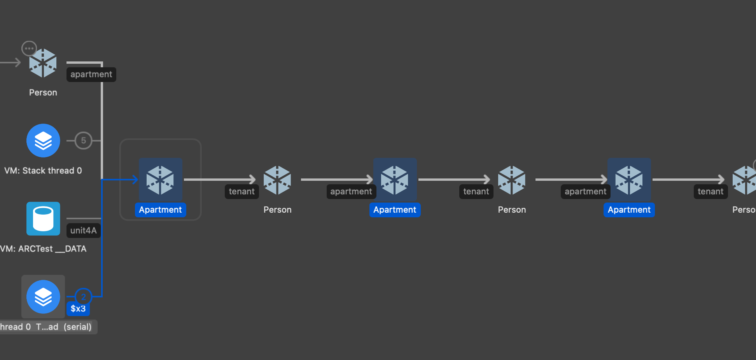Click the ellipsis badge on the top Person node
click(29, 49)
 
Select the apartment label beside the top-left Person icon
click(91, 74)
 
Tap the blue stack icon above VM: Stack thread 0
click(43, 140)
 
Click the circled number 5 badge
click(83, 140)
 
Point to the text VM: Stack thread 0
click(43, 171)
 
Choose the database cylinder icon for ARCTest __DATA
click(43, 218)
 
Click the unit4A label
click(83, 231)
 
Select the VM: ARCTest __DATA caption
click(43, 249)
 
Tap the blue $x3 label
click(78, 309)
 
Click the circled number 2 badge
click(83, 297)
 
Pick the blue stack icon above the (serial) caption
click(43, 297)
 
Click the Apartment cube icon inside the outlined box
click(160, 180)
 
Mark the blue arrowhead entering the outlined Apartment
click(135, 179)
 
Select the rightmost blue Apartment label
click(629, 210)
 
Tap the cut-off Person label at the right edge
click(744, 210)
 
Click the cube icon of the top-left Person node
click(43, 63)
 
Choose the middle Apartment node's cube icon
click(395, 180)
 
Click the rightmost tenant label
click(710, 191)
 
